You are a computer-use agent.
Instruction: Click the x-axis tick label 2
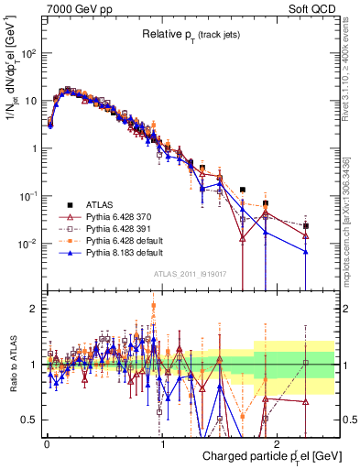coord(278,442)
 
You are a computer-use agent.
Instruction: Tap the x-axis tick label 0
coord(47,442)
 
